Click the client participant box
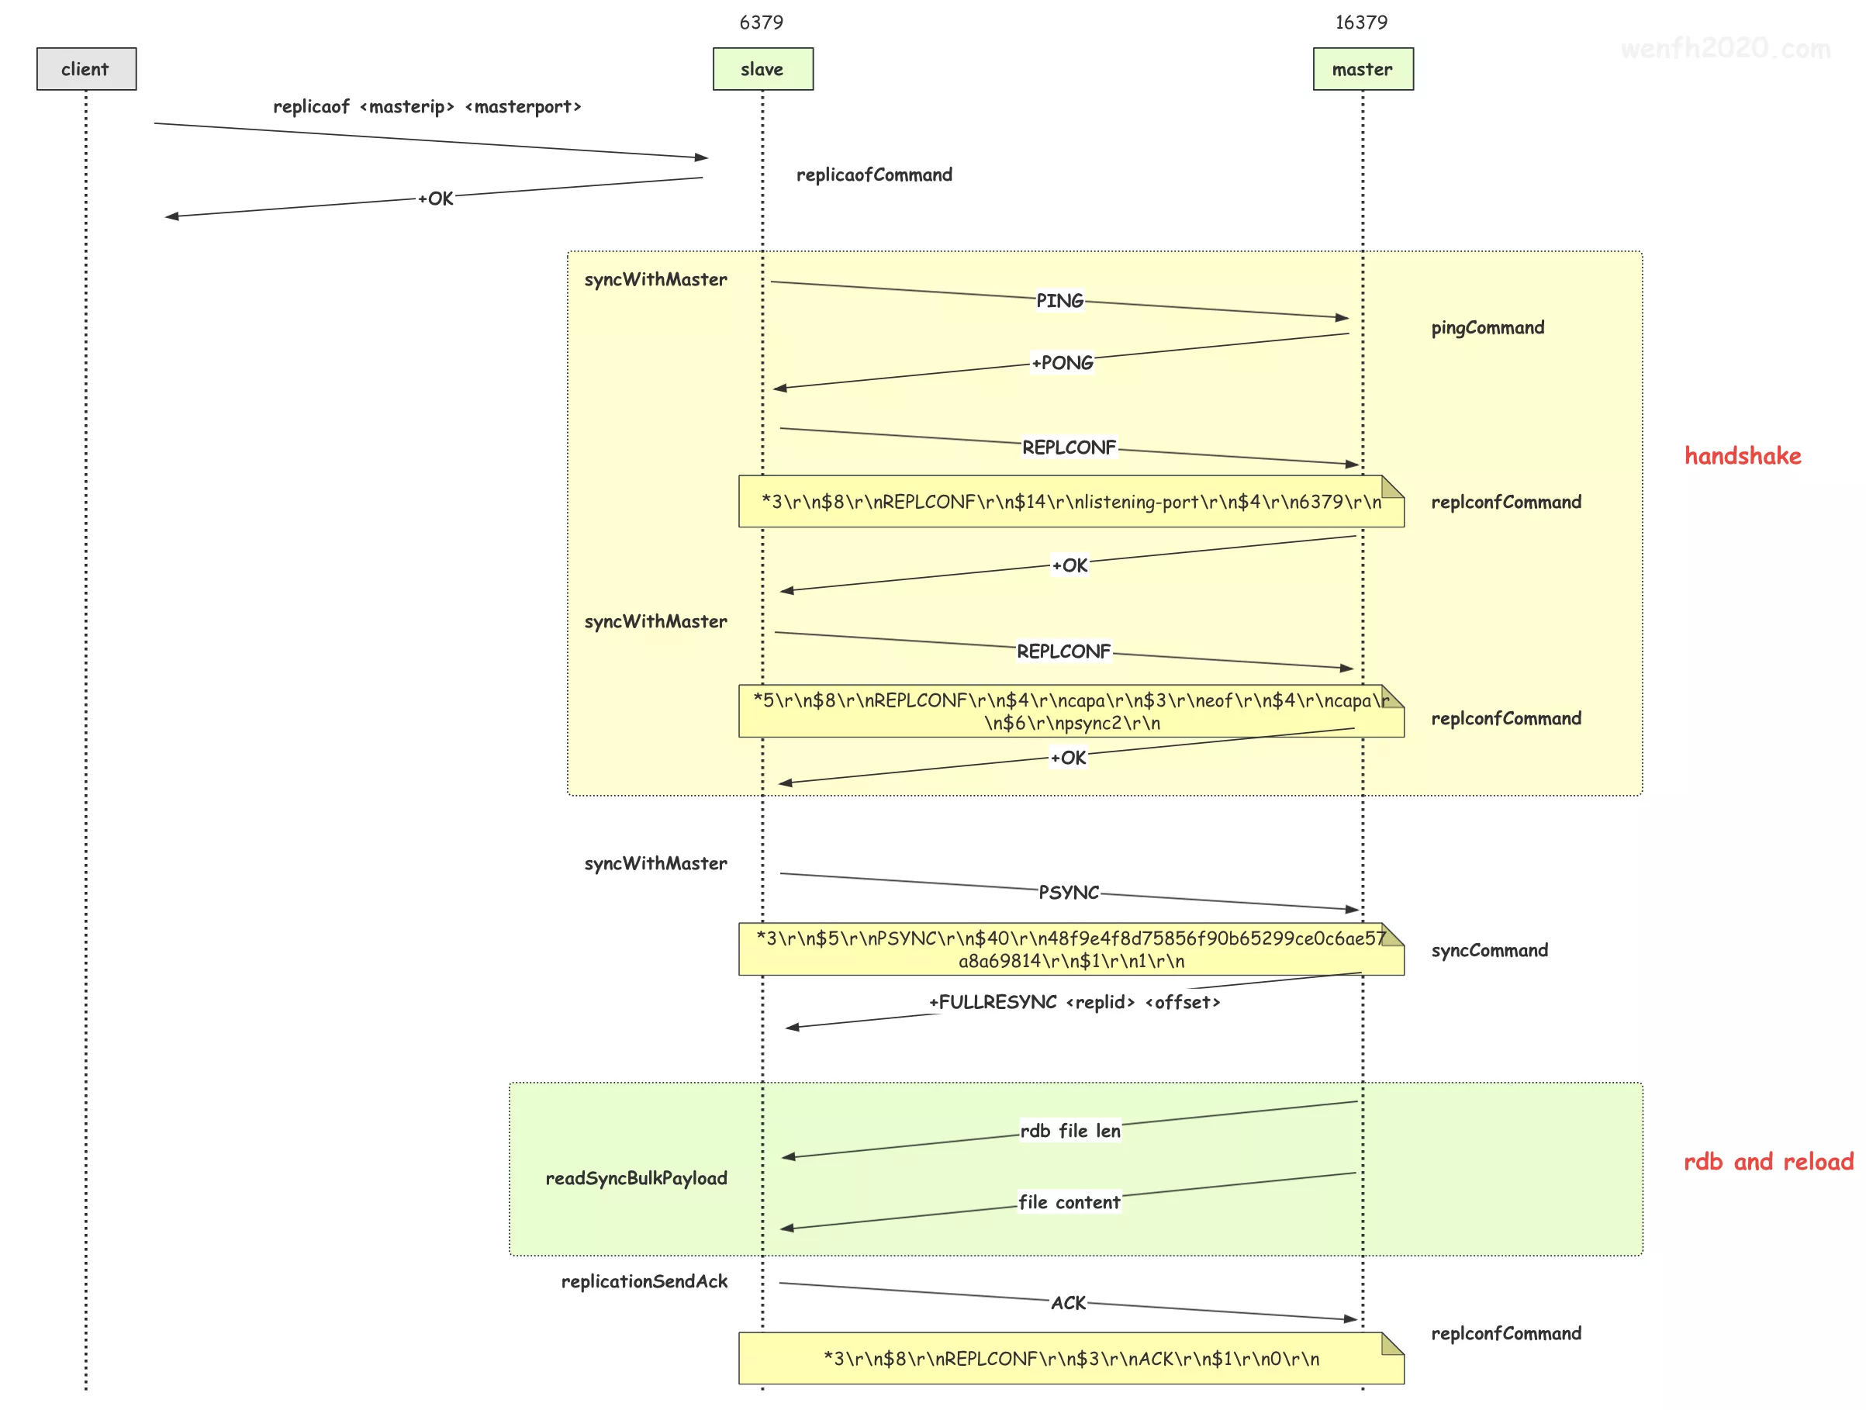coord(86,69)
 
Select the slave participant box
coord(762,69)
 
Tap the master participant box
coord(1363,69)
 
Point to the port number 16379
coord(1360,22)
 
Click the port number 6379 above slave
coord(761,22)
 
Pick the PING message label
coord(1059,301)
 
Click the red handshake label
coord(1742,457)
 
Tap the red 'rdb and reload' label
coord(1768,1162)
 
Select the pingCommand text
coord(1488,328)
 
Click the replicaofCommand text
coord(874,175)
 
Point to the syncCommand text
coord(1489,951)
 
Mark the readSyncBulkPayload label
coord(636,1179)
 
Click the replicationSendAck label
coord(644,1282)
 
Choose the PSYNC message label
coord(1068,893)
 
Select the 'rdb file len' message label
coord(1069,1132)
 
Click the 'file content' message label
coord(1069,1202)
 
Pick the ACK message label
coord(1068,1304)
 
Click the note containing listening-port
coord(1070,502)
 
